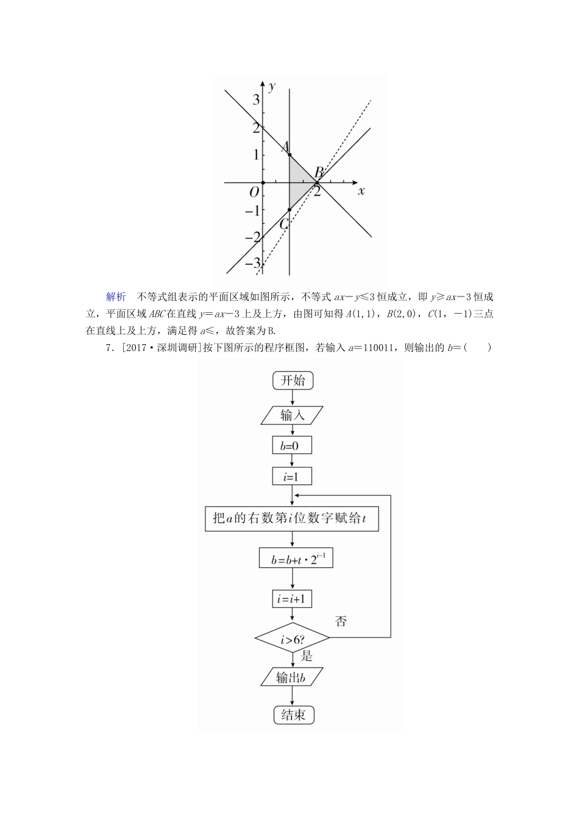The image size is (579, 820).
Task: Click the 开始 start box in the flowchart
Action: pos(293,381)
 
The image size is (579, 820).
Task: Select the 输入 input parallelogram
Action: pos(293,415)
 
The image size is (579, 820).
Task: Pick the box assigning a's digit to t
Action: pos(292,519)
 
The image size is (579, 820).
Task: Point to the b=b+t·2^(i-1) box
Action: pos(296,558)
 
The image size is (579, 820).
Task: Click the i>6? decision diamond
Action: pos(292,639)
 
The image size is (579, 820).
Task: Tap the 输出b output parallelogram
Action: pos(291,677)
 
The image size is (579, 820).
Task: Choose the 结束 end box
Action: pos(293,714)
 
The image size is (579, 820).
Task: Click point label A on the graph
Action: pos(283,147)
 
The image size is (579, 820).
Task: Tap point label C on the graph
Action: pos(283,224)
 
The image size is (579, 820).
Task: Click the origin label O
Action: pos(254,192)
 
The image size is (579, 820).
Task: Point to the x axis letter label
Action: pos(361,191)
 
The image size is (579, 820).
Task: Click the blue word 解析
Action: pos(116,297)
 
